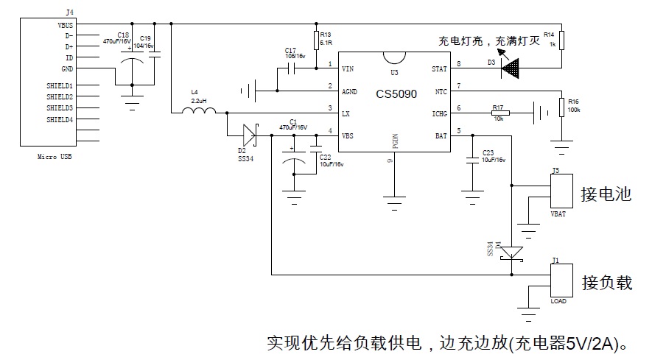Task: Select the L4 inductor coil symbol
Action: (x=200, y=112)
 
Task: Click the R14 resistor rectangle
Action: (x=561, y=40)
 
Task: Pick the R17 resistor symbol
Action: (x=499, y=113)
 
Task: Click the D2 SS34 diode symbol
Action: (x=249, y=135)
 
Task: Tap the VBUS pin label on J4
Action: (x=65, y=24)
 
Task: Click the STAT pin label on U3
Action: (x=439, y=69)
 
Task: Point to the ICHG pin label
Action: (x=439, y=113)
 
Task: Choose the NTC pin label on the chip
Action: (x=441, y=91)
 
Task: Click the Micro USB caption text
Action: (x=55, y=158)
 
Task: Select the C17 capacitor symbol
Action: (x=290, y=68)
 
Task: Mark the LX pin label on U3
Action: (x=346, y=113)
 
